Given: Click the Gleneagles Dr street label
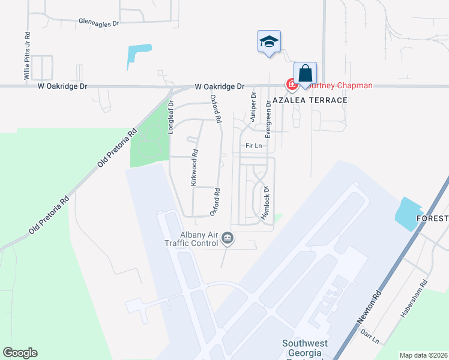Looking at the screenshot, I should pyautogui.click(x=99, y=22).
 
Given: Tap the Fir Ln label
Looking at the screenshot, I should pyautogui.click(x=253, y=146).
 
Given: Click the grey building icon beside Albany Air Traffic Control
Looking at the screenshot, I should pyautogui.click(x=227, y=239).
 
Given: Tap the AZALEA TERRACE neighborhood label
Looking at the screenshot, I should pyautogui.click(x=310, y=100).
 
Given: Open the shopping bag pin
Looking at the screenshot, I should pyautogui.click(x=305, y=74).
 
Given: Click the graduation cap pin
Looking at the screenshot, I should pyautogui.click(x=269, y=42).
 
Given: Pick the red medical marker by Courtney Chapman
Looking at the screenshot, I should pyautogui.click(x=291, y=85).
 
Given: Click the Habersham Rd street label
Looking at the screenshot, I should pyautogui.click(x=414, y=298).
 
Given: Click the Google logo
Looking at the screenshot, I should pyautogui.click(x=20, y=353).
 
